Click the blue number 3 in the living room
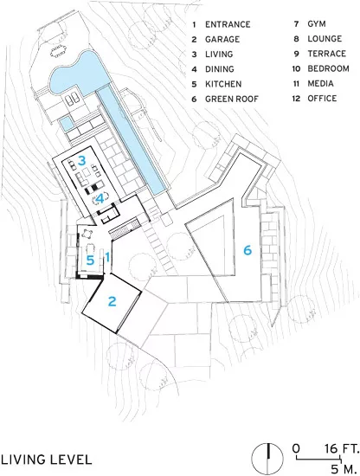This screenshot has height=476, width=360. pos(81,161)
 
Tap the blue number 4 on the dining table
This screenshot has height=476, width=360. pos(100,199)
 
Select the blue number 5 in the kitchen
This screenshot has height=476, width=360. pos(90,261)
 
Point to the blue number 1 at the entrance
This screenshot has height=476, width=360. pos(107,257)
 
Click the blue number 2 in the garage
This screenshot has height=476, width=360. pos(112,301)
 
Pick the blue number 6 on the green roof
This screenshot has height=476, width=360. pos(247,250)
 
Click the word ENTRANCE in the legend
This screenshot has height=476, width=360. pos(228,24)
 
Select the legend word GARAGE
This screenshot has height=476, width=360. pos(222,39)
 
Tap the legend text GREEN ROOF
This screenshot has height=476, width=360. pos(232,99)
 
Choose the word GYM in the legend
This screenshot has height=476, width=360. pos(317,23)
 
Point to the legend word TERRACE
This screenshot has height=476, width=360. pos(327,54)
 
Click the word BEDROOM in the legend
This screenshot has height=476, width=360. pos(329,68)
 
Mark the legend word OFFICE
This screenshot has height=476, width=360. pos(322,99)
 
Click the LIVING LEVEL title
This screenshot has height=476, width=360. pos(46,460)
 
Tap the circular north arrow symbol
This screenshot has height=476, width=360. pos(267,459)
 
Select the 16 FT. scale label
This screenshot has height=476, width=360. pos(341,448)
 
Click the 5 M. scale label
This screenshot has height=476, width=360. pos(343,468)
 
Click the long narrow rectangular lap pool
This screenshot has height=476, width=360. pos(132,140)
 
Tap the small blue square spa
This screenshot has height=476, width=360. pos(65,124)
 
